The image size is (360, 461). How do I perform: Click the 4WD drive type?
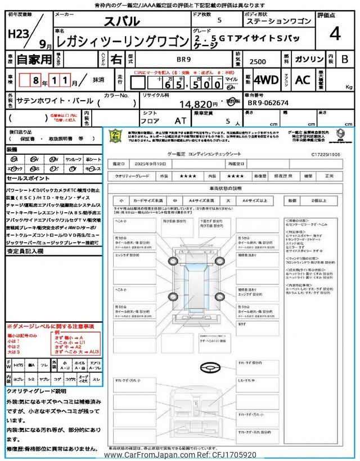[x=265, y=80]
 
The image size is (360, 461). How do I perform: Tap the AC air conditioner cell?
[x=303, y=80]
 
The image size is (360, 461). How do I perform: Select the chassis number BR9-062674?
[x=268, y=103]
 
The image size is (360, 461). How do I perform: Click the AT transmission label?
[x=181, y=120]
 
